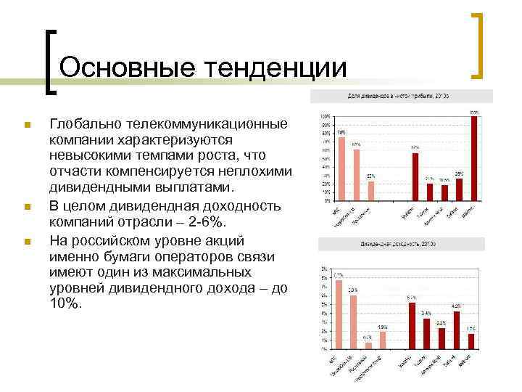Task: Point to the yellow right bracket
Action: [477, 45]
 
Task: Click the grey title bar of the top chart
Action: [401, 96]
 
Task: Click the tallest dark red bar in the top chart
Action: [475, 157]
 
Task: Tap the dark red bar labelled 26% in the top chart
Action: [459, 189]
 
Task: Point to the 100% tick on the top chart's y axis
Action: [326, 116]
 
